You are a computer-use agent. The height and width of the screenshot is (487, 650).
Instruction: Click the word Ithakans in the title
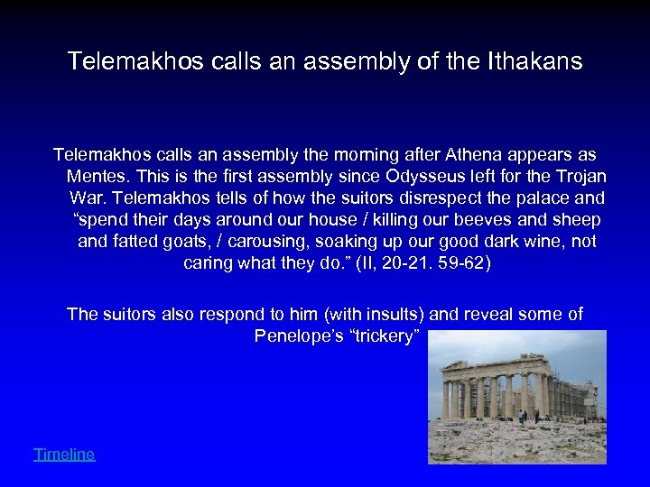click(x=540, y=62)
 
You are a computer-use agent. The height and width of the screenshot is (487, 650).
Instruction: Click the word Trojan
click(x=555, y=176)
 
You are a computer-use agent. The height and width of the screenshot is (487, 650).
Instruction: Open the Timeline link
click(x=63, y=455)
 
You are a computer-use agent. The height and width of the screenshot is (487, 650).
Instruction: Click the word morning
click(x=347, y=155)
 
